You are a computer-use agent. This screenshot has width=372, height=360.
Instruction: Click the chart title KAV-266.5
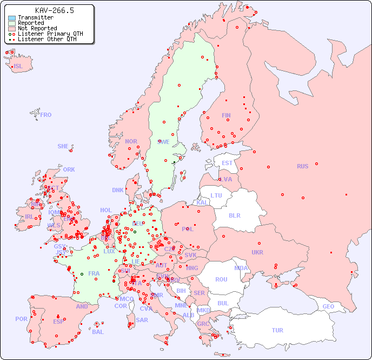[54, 10]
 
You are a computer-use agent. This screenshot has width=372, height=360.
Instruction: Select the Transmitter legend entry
[35, 17]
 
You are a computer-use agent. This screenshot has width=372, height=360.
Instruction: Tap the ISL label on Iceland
[18, 67]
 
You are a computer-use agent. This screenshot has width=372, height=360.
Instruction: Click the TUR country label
[277, 330]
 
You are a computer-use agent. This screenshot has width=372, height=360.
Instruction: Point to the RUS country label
[302, 166]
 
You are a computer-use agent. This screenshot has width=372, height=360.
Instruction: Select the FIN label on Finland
[226, 115]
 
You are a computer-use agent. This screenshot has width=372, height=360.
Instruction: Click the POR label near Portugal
[21, 319]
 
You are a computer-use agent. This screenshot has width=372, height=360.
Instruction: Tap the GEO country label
[328, 306]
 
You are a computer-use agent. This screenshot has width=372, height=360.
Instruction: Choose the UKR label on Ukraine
[257, 252]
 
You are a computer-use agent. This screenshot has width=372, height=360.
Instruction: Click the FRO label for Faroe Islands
[46, 115]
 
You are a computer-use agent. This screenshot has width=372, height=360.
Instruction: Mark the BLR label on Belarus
[234, 215]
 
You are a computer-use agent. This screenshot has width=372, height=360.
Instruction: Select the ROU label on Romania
[221, 279]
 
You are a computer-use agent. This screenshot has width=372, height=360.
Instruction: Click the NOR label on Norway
[131, 141]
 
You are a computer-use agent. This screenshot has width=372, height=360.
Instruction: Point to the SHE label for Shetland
[63, 146]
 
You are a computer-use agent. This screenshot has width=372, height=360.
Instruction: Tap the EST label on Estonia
[227, 163]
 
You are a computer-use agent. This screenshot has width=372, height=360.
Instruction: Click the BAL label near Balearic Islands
[97, 332]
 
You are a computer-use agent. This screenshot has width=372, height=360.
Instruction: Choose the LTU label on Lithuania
[216, 195]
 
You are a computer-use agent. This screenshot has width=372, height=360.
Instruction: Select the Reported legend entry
[31, 23]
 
